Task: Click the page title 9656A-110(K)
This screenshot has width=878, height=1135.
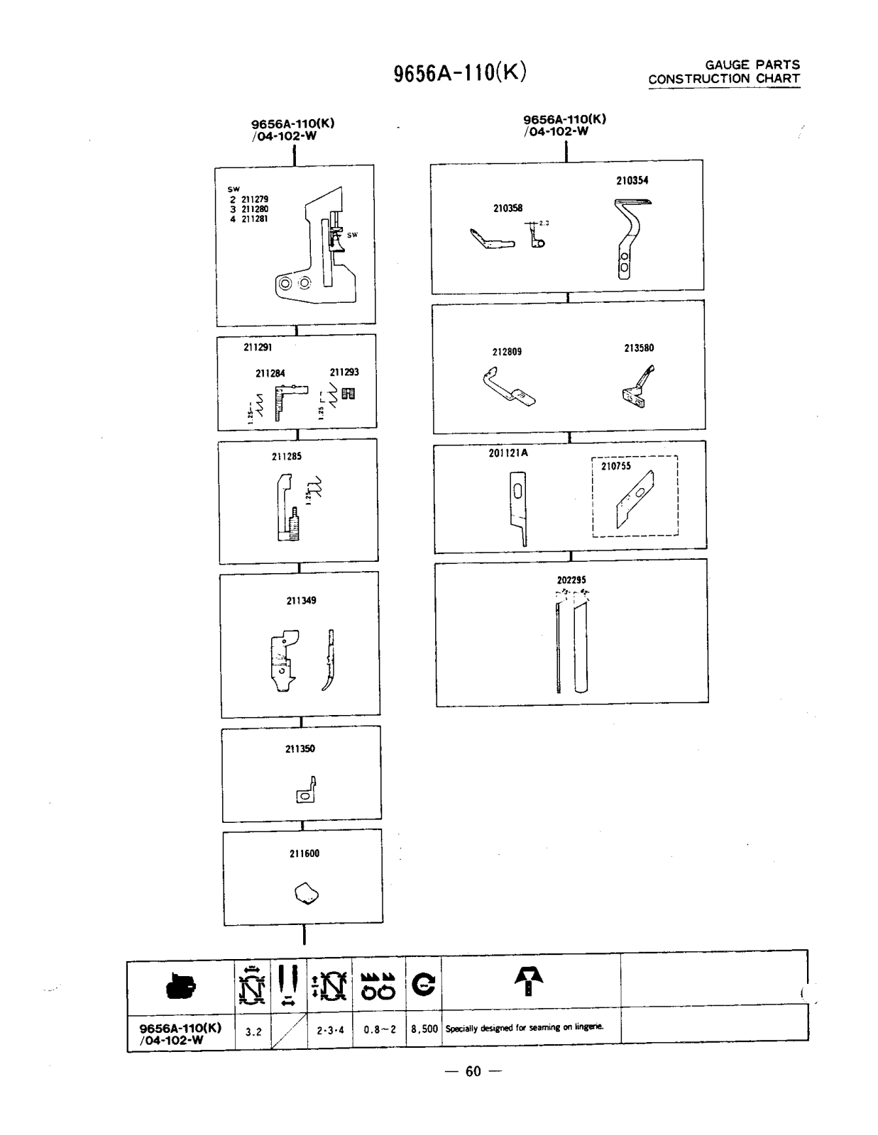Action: pyautogui.click(x=459, y=72)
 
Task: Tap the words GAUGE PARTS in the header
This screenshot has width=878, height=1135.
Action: pyautogui.click(x=752, y=65)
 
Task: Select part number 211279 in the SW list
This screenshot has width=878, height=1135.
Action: pyautogui.click(x=255, y=199)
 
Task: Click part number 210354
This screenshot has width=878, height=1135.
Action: pyautogui.click(x=632, y=180)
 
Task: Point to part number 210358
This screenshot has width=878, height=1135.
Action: pyautogui.click(x=507, y=208)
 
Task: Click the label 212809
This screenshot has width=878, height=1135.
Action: pyautogui.click(x=507, y=351)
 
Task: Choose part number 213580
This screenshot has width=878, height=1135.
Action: pyautogui.click(x=639, y=348)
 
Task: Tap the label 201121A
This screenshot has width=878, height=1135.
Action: pyautogui.click(x=508, y=453)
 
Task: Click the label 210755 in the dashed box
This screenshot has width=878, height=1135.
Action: pyautogui.click(x=615, y=466)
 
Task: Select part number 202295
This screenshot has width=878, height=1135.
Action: pyautogui.click(x=571, y=580)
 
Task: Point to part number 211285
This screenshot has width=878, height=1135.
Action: pyautogui.click(x=286, y=456)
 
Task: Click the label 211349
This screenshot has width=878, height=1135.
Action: pyautogui.click(x=301, y=600)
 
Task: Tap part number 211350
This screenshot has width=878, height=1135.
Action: pyautogui.click(x=300, y=748)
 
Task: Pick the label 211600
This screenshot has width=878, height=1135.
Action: pyautogui.click(x=304, y=853)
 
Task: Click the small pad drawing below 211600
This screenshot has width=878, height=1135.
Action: pyautogui.click(x=305, y=893)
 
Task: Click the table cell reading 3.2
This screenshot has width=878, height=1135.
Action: pyautogui.click(x=253, y=1031)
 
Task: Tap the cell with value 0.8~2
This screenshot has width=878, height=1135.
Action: pyautogui.click(x=379, y=1029)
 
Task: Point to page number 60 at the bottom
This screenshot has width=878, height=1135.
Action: pyautogui.click(x=473, y=1071)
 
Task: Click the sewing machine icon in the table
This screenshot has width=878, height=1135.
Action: pyautogui.click(x=180, y=986)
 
